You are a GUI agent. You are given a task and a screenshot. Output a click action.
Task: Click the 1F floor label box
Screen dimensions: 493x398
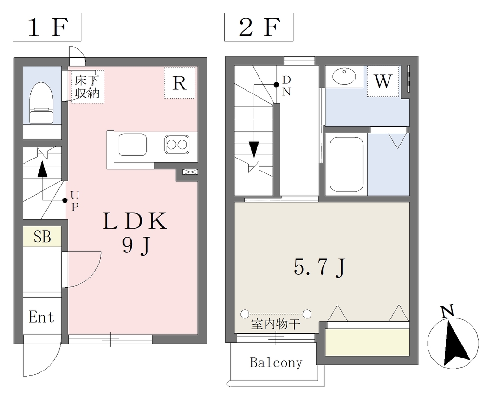pyautogui.click(x=47, y=27)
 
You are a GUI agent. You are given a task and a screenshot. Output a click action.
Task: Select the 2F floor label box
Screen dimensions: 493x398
pyautogui.click(x=259, y=27)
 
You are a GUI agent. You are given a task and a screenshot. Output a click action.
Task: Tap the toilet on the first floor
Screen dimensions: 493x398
pyautogui.click(x=42, y=103)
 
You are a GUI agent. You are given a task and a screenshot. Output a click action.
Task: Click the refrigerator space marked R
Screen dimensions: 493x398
pyautogui.click(x=180, y=83)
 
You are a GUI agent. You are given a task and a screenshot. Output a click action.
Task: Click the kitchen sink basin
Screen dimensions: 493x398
pyautogui.click(x=132, y=145)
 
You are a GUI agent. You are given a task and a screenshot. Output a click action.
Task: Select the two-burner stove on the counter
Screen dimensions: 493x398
pyautogui.click(x=177, y=145)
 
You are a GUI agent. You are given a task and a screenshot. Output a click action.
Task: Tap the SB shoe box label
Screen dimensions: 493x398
pyautogui.click(x=42, y=237)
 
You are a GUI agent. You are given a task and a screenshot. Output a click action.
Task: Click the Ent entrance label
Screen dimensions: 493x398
pyautogui.click(x=41, y=317)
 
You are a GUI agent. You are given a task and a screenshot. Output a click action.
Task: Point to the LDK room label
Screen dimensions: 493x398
pyautogui.click(x=135, y=221)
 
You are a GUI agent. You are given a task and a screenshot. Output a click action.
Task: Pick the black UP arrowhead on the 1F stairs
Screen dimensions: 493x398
pyautogui.click(x=42, y=170)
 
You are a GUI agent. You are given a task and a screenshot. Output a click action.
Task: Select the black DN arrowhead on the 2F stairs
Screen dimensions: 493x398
pyautogui.click(x=254, y=149)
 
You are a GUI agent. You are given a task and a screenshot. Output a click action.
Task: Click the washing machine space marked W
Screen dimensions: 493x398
pyautogui.click(x=383, y=81)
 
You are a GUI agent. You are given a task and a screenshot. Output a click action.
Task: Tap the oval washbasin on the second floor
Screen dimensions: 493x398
pyautogui.click(x=344, y=77)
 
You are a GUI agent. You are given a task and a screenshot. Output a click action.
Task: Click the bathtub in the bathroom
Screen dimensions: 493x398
pyautogui.click(x=346, y=164)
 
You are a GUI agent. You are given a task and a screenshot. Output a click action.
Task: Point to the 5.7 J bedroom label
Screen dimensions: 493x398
pyautogui.click(x=320, y=268)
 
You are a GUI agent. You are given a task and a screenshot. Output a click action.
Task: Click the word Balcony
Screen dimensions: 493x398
pyautogui.click(x=276, y=363)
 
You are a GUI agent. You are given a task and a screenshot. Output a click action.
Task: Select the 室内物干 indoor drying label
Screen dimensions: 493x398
pyautogui.click(x=276, y=324)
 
